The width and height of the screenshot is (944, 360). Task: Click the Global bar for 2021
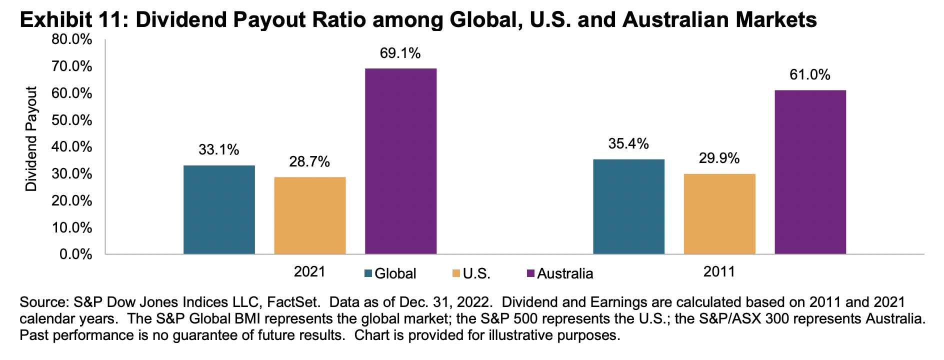pyautogui.click(x=219, y=209)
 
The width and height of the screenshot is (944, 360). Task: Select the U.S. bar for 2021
pyautogui.click(x=309, y=215)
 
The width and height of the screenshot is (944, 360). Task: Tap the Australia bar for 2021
pyautogui.click(x=400, y=161)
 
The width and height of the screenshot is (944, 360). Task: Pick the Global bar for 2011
pyautogui.click(x=628, y=206)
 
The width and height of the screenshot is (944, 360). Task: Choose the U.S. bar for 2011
pyautogui.click(x=719, y=213)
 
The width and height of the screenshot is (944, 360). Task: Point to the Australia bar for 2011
pyautogui.click(x=810, y=172)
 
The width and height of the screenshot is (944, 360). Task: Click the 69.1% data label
pyautogui.click(x=400, y=53)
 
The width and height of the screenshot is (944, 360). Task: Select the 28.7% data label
pyautogui.click(x=309, y=161)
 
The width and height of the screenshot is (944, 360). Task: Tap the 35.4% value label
pyautogui.click(x=628, y=144)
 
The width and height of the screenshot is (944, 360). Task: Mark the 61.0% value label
pyautogui.click(x=810, y=75)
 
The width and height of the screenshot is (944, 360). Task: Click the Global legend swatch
pyautogui.click(x=368, y=273)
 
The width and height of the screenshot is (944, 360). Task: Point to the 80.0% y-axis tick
pyautogui.click(x=72, y=39)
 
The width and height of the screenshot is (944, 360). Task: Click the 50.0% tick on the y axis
pyautogui.click(x=72, y=120)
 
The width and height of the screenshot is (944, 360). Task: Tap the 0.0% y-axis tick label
pyautogui.click(x=75, y=254)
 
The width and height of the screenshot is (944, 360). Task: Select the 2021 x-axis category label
pyautogui.click(x=309, y=271)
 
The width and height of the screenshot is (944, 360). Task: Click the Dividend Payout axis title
pyautogui.click(x=31, y=139)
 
